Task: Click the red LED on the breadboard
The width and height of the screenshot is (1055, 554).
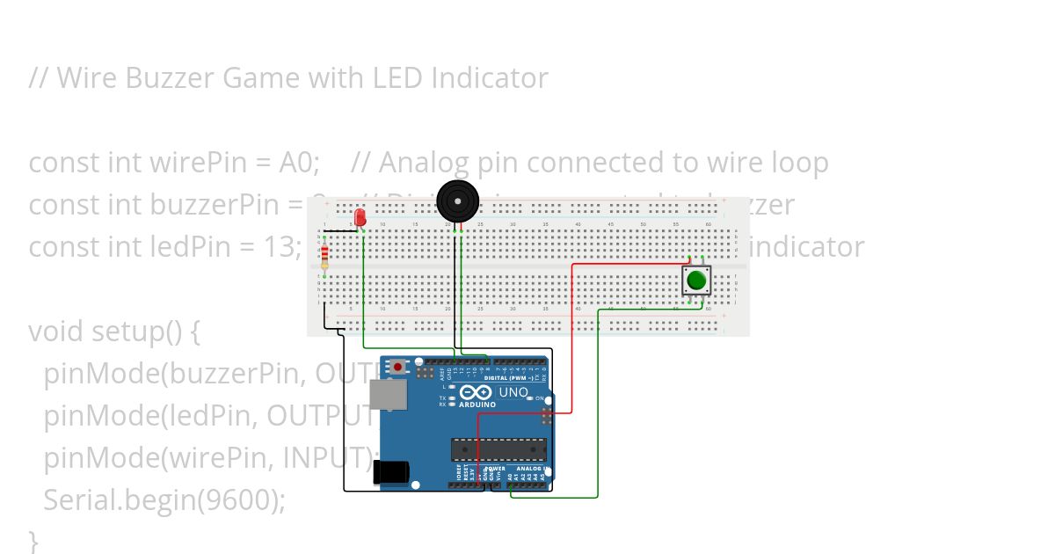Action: (360, 217)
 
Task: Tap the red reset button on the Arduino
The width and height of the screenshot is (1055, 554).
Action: (398, 366)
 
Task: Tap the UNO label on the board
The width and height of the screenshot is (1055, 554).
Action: (513, 392)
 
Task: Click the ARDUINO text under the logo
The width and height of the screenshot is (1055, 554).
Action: (476, 405)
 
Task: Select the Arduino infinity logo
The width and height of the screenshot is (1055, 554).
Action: (475, 392)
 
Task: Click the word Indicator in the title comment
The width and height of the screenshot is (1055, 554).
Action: (490, 78)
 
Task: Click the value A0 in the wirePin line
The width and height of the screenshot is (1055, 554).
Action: (298, 163)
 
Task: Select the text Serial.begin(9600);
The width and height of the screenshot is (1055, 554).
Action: (164, 500)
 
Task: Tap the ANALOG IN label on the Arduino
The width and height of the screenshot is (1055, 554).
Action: (530, 469)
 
